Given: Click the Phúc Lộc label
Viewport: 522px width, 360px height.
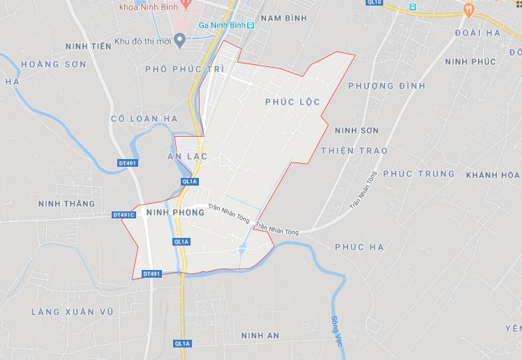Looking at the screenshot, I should pyautogui.click(x=292, y=102).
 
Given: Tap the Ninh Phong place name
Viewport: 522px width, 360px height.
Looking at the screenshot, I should pyautogui.click(x=175, y=212).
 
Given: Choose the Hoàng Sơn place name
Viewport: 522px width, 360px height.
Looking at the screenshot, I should pyautogui.click(x=54, y=64).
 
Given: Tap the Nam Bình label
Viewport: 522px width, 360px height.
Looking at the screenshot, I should pyautogui.click(x=283, y=18).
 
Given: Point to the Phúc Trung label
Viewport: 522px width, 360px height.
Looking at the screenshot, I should pyautogui.click(x=419, y=173).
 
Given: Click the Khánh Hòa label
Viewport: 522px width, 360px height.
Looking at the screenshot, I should pyautogui.click(x=493, y=174).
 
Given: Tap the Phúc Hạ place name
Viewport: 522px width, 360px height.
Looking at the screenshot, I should pyautogui.click(x=359, y=247).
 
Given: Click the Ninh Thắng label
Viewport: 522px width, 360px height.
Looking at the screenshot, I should pyautogui.click(x=67, y=204).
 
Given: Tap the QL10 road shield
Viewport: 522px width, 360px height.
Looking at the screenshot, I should pyautogui.click(x=375, y=3).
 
